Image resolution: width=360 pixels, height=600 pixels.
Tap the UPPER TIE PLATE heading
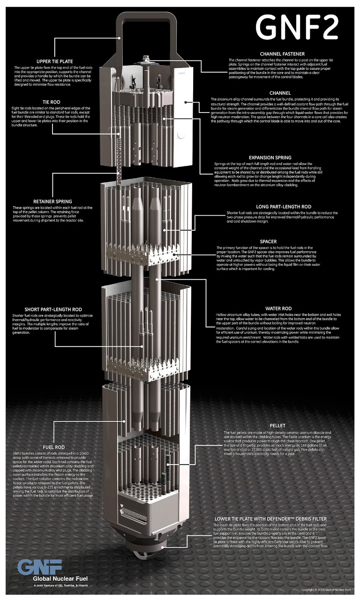tap(54, 61)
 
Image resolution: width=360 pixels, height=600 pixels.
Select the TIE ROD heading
tap(55, 102)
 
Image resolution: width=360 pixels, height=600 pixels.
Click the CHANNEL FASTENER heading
tap(282, 54)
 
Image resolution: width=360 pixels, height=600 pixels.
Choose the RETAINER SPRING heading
tap(55, 202)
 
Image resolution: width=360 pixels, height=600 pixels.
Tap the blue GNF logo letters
tap(40, 567)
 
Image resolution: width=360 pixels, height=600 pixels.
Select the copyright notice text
tap(324, 590)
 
